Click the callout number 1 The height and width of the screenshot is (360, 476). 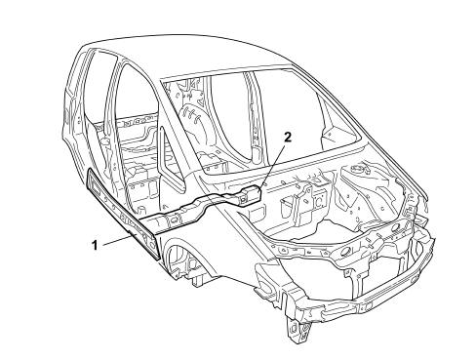(x=95, y=245)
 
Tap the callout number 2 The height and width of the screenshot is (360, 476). (x=288, y=138)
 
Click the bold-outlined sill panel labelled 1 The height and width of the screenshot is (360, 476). (x=123, y=214)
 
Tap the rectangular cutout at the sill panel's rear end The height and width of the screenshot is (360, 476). (x=95, y=186)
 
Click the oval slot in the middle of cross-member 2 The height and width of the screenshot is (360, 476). (x=175, y=218)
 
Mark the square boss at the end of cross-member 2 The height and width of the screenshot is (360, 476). (x=250, y=194)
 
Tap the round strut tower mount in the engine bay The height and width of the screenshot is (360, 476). (x=358, y=170)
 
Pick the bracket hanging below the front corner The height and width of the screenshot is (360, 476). (x=298, y=330)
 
